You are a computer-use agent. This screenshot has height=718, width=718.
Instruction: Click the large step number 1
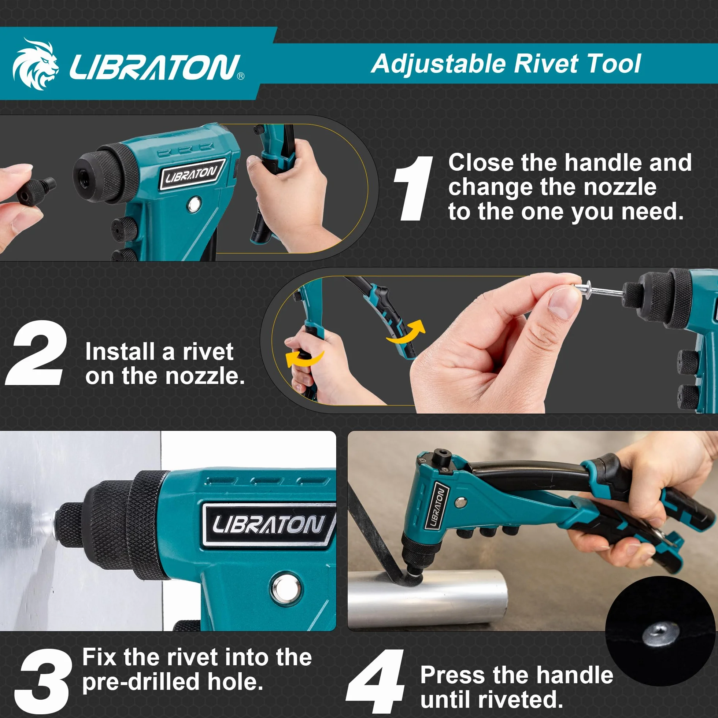point(414,188)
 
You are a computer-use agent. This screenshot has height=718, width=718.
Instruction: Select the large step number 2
point(36,353)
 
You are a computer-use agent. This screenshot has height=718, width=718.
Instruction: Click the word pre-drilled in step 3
point(141,682)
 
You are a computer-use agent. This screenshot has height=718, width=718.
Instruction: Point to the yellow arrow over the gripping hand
point(304,359)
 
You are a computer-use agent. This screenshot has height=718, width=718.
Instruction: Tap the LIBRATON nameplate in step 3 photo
point(268,525)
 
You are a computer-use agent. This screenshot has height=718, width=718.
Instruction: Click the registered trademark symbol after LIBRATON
point(241,76)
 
